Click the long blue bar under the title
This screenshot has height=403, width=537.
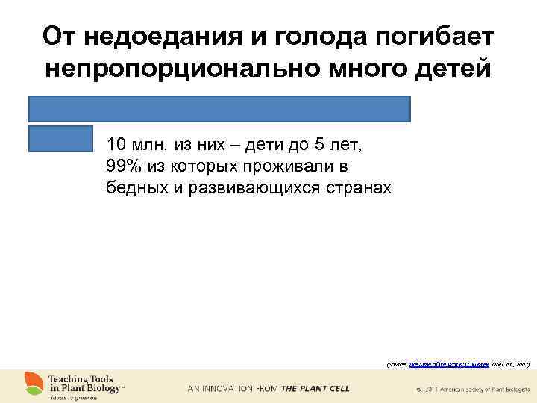220,109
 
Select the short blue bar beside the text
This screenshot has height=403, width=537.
60,139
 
